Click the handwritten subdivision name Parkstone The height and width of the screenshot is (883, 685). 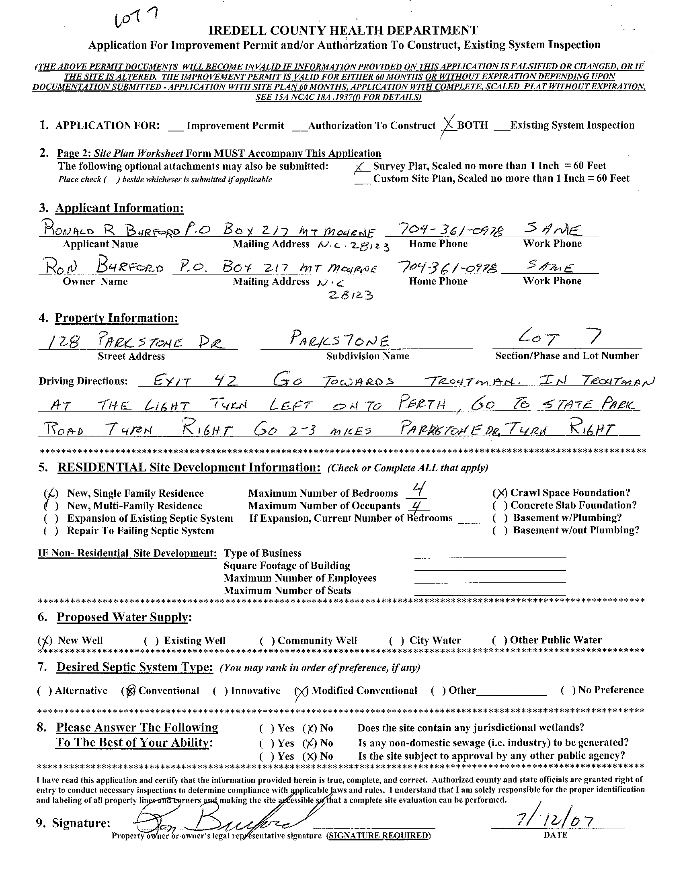click(x=340, y=341)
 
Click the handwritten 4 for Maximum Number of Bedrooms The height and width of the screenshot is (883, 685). click(x=418, y=491)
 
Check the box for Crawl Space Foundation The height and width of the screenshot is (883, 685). click(x=500, y=493)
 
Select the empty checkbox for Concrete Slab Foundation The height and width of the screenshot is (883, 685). click(x=500, y=506)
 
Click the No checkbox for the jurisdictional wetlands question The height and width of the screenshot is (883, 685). click(x=311, y=729)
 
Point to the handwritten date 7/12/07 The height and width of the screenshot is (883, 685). click(x=554, y=821)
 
